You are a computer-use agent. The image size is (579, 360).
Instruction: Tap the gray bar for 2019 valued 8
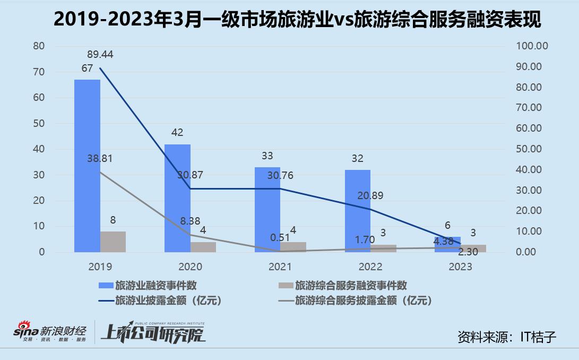[x=113, y=242]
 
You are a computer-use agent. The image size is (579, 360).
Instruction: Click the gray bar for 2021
[x=293, y=247]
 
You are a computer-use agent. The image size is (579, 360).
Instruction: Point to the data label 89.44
[x=100, y=54]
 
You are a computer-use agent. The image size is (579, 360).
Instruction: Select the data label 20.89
[x=370, y=196]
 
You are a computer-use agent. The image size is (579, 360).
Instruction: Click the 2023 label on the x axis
[x=460, y=267]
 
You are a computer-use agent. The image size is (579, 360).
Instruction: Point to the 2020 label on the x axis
[x=191, y=267]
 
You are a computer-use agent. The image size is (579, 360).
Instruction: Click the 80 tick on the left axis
[x=38, y=46]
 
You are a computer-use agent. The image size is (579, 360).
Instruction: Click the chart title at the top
[x=289, y=20]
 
